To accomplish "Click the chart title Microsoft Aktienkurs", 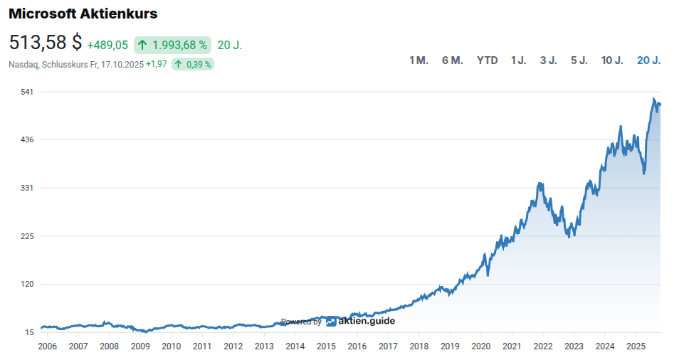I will [x=83, y=14].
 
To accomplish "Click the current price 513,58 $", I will [x=46, y=43].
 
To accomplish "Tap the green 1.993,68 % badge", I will [x=172, y=45].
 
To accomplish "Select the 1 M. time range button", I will [x=419, y=60].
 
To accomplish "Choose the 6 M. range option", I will [x=452, y=60].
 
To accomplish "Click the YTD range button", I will [x=487, y=60].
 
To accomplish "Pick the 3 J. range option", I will [x=548, y=60].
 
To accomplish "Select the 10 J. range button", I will [x=612, y=60].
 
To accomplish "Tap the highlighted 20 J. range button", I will [x=648, y=60].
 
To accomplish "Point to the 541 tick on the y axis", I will [x=29, y=92].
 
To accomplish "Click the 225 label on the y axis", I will [x=29, y=236].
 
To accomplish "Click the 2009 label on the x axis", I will [x=140, y=346].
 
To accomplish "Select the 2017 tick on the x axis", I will [x=388, y=346].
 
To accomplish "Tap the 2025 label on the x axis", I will [x=636, y=346].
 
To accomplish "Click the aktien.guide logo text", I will [x=366, y=321].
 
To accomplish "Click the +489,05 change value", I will [x=107, y=45].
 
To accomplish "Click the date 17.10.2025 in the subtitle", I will [x=122, y=64].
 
